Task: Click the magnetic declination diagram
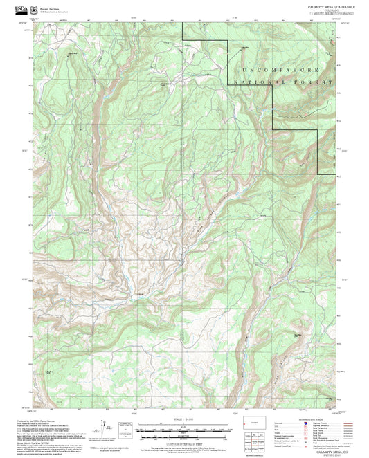pos(105,428)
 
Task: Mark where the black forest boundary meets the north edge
pos(183,22)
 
